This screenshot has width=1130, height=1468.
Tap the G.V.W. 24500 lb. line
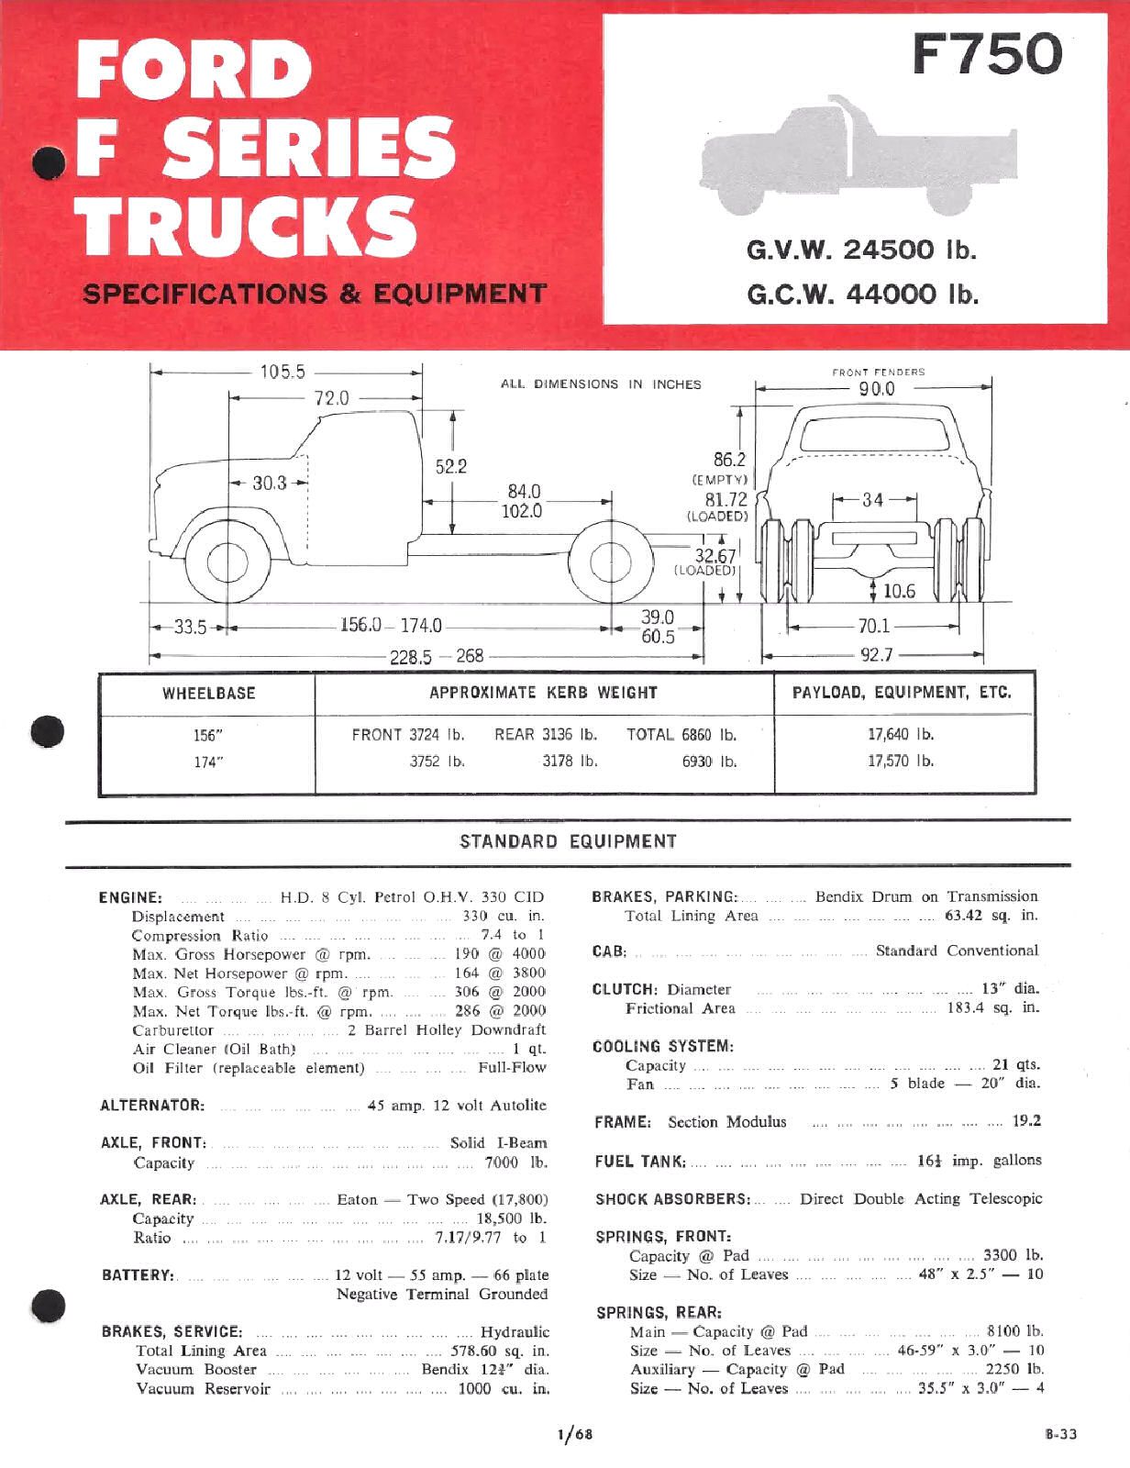(x=862, y=250)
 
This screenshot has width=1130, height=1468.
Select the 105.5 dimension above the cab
(x=282, y=372)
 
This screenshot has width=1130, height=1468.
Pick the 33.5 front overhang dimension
(x=190, y=628)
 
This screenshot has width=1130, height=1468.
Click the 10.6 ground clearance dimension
(x=898, y=591)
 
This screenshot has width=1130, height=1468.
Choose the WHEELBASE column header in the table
(x=208, y=694)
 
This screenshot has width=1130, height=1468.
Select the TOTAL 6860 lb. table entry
(x=681, y=734)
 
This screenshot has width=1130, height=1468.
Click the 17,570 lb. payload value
(x=901, y=761)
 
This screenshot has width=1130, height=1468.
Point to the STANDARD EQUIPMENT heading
(x=568, y=841)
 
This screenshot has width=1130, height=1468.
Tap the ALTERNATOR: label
(x=151, y=1106)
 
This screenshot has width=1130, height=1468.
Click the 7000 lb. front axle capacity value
(x=515, y=1162)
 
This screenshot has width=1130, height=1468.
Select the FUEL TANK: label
(x=639, y=1161)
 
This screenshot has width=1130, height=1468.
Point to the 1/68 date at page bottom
(x=574, y=1435)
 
